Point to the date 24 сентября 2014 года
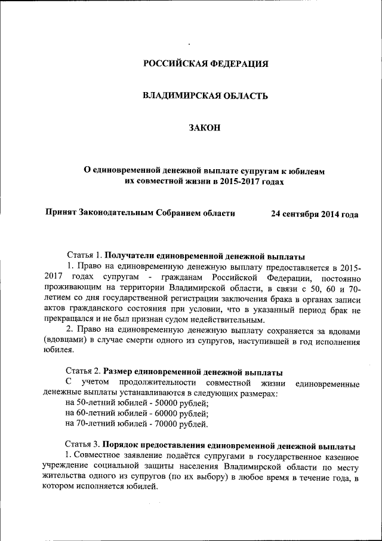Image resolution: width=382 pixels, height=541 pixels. (x=315, y=213)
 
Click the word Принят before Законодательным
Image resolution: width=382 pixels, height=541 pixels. (x=61, y=213)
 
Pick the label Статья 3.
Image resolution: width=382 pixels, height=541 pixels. (x=84, y=446)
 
